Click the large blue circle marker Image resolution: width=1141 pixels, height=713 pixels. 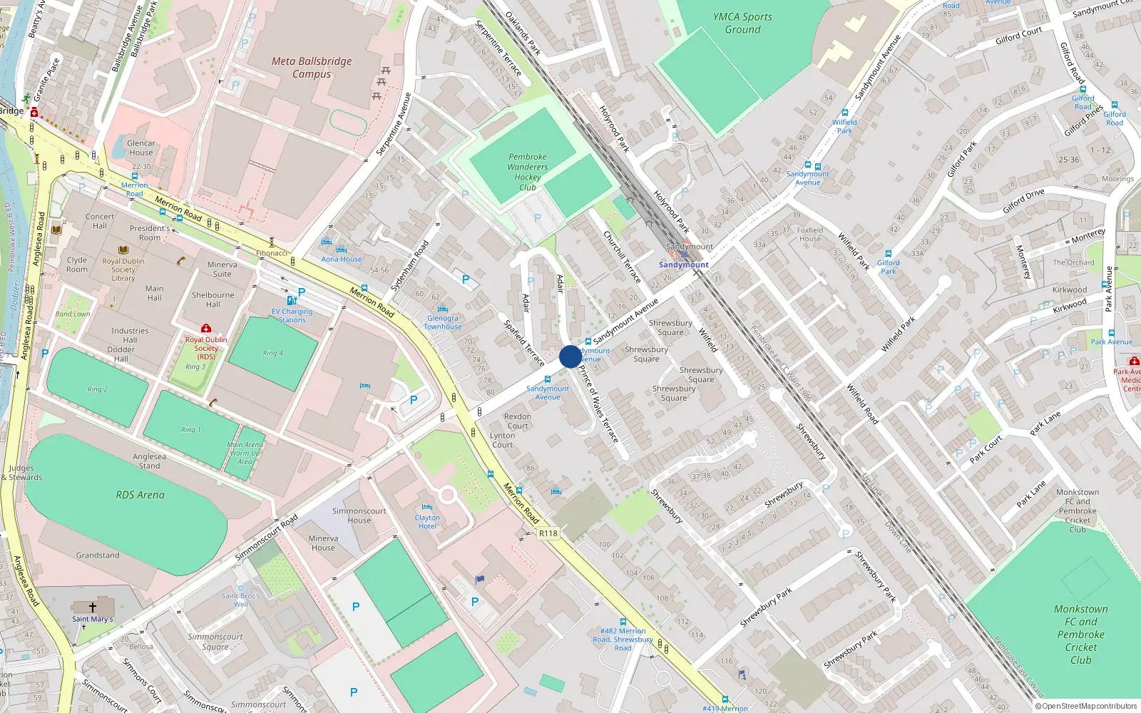(570, 356)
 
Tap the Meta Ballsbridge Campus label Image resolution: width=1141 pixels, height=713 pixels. (312, 68)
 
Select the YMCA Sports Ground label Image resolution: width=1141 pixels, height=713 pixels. (742, 23)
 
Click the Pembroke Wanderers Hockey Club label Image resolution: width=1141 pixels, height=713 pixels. (528, 172)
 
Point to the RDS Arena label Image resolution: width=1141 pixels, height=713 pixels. (140, 495)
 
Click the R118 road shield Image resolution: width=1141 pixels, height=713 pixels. (548, 533)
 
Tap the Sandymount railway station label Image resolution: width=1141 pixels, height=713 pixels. (683, 265)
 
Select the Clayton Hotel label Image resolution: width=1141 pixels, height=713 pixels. (427, 522)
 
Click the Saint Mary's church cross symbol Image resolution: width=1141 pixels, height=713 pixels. (93, 607)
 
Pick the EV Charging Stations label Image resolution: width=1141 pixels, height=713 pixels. (292, 316)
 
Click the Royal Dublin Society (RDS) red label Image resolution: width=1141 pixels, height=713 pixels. (206, 348)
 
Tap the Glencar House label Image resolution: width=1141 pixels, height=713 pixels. (140, 148)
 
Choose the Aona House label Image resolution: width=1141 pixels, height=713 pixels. (341, 259)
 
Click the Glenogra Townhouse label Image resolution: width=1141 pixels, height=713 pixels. (443, 322)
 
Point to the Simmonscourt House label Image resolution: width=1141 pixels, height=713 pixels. (359, 515)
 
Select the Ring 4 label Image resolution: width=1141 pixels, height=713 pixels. (272, 353)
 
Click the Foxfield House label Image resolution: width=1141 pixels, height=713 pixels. (810, 235)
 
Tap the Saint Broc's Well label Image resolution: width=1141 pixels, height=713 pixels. (241, 600)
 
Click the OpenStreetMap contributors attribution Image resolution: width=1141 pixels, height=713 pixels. (1085, 706)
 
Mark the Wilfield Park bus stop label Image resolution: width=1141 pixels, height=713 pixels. (844, 126)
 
